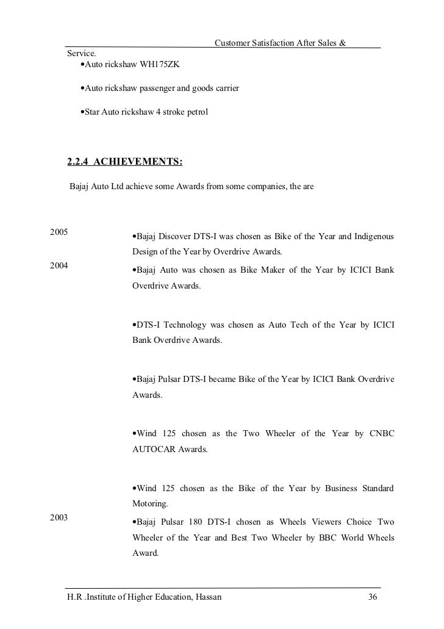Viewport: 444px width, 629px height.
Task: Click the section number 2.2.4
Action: [78, 162]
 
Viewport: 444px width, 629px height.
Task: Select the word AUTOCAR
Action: [152, 450]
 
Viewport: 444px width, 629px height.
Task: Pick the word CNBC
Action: [382, 434]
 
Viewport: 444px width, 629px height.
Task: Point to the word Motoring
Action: [150, 505]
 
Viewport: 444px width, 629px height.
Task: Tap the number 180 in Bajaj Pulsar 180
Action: [194, 522]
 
